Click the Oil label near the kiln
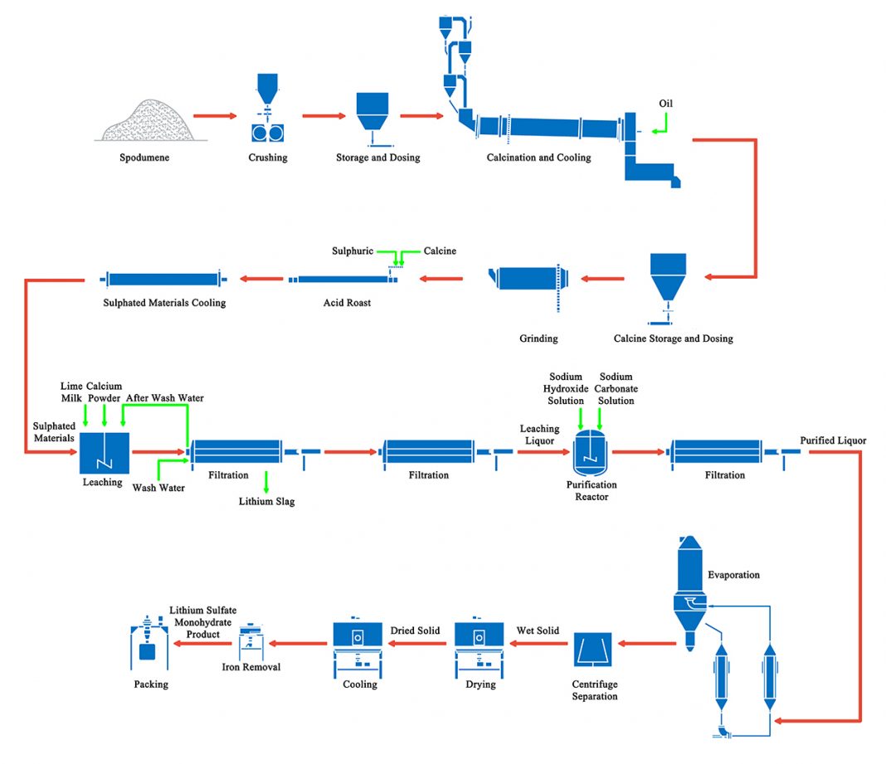[665, 104]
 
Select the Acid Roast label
[347, 303]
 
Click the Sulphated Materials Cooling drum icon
[162, 280]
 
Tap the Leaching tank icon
[104, 452]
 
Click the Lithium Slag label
[266, 501]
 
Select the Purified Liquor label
[833, 440]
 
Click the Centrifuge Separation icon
[593, 650]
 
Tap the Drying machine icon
[480, 648]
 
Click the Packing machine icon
[150, 645]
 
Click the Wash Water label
[158, 488]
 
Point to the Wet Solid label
[538, 630]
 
